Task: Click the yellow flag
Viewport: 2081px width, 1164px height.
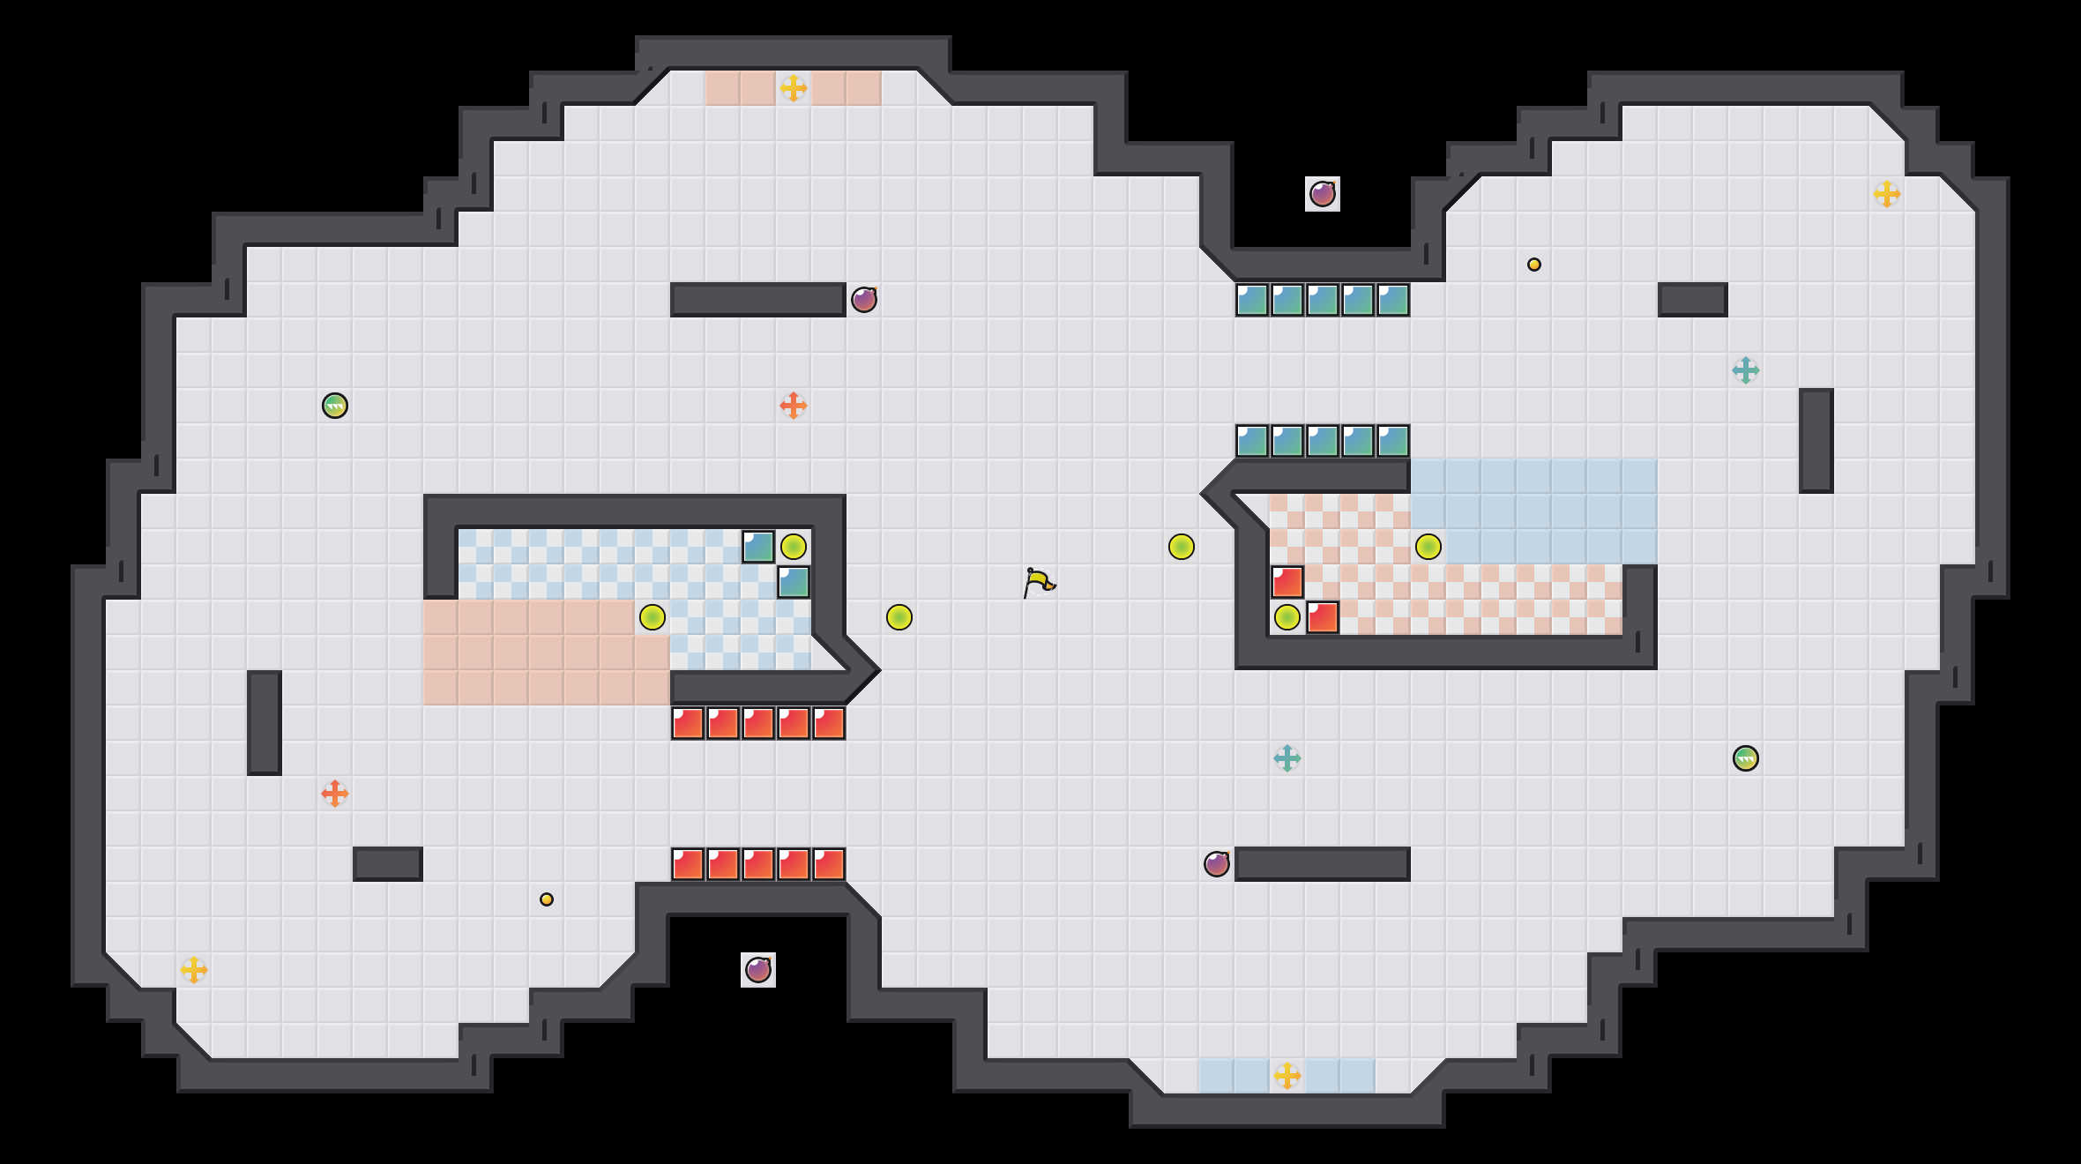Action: click(1039, 582)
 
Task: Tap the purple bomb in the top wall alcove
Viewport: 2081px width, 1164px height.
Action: click(1323, 194)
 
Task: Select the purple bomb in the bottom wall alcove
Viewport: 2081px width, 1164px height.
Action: click(758, 970)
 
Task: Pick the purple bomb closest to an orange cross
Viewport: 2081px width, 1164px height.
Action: click(864, 300)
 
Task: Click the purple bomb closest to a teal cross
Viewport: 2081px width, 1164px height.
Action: click(1217, 864)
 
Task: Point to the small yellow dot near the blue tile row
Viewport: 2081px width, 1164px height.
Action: click(1534, 265)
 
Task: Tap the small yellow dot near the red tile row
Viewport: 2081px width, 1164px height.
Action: click(547, 899)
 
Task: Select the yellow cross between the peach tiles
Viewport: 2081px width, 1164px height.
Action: click(794, 88)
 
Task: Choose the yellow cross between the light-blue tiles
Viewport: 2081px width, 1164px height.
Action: click(1287, 1076)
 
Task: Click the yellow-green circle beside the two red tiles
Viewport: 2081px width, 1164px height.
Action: click(1287, 617)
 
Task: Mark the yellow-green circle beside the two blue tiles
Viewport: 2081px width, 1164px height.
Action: click(794, 547)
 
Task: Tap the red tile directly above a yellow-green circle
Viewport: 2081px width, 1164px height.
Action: click(1287, 582)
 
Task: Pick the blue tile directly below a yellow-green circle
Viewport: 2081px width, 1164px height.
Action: click(794, 582)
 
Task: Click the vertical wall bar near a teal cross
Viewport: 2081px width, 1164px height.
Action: click(1816, 441)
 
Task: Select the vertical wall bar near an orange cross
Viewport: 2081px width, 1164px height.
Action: click(265, 723)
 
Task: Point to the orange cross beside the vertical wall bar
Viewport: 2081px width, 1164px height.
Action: click(335, 794)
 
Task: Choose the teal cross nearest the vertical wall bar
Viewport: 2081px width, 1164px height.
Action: click(1746, 370)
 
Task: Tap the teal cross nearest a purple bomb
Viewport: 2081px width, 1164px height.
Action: click(1287, 758)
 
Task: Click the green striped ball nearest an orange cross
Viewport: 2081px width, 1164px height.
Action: click(335, 406)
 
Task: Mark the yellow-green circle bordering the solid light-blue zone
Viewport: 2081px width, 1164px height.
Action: click(1428, 547)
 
